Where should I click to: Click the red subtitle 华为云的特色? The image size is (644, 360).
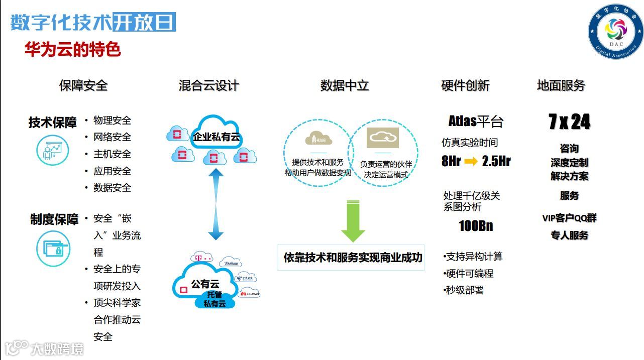73,50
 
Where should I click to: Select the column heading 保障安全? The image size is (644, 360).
83,85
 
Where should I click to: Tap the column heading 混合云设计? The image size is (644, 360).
208,85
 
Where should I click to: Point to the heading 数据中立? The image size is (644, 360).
345,85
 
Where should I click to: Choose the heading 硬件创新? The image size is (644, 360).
465,85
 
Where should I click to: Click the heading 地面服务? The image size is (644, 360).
561,85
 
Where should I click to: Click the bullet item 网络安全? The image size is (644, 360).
112,137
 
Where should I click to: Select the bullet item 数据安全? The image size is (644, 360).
112,188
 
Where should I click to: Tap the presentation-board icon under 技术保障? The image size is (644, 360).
53,150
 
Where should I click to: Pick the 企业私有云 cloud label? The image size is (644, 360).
216,136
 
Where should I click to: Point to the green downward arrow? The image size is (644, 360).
353,220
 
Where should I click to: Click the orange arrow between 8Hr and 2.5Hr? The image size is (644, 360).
471,161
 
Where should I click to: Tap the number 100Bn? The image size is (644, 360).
476,226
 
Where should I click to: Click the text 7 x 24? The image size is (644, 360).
569,122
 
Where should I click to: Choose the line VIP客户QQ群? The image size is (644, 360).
569,218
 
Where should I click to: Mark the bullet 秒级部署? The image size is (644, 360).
464,290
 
